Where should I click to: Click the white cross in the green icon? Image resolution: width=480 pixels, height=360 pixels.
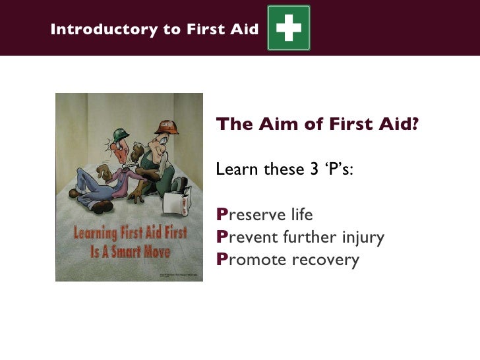[288, 28]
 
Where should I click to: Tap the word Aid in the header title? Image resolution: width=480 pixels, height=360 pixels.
[244, 30]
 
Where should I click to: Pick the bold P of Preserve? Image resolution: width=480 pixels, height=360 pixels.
[222, 215]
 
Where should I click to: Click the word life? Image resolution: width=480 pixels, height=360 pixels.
[299, 215]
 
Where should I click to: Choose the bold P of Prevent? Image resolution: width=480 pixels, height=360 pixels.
[222, 237]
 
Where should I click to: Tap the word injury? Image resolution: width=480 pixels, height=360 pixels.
[363, 237]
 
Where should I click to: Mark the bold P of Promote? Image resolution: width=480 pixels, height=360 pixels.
[222, 260]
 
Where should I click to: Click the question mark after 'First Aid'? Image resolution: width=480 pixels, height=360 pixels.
[414, 125]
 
